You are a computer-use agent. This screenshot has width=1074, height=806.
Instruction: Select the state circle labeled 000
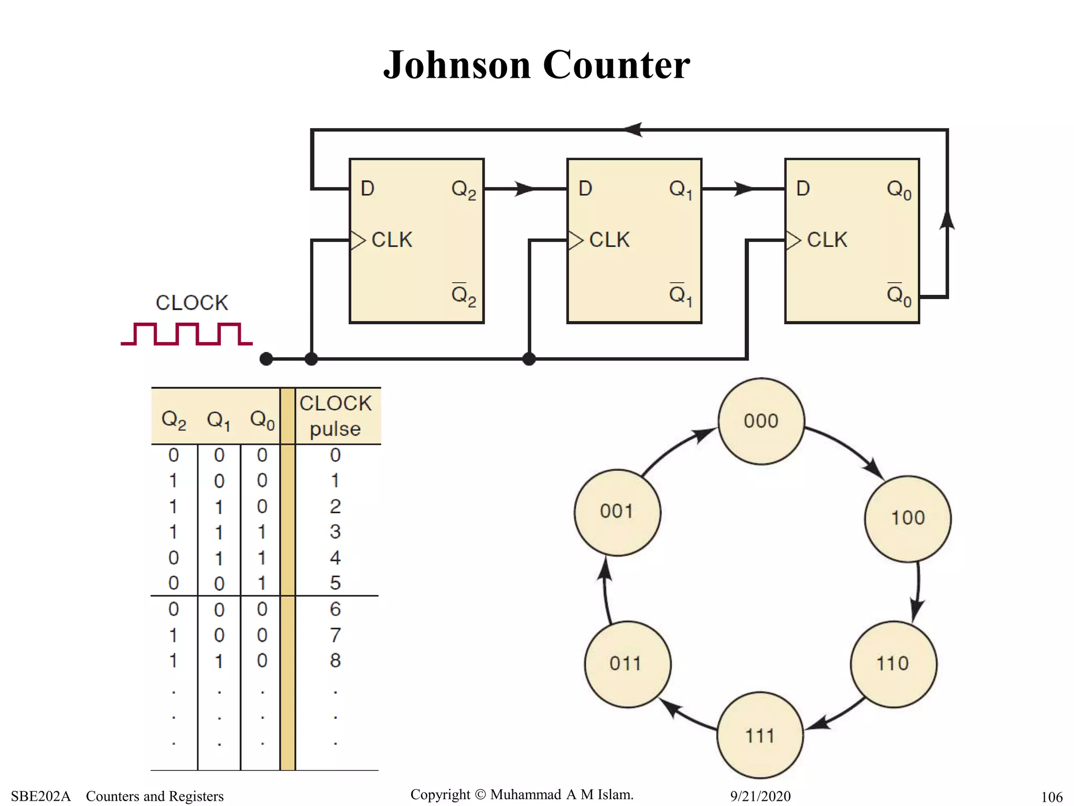coord(761,421)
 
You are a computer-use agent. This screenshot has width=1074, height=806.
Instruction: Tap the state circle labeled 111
coord(760,736)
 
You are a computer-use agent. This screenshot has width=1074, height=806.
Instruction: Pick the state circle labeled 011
coord(627,664)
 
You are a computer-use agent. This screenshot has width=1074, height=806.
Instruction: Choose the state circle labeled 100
coord(908,518)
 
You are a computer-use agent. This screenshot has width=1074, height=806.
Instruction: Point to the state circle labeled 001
coord(617,512)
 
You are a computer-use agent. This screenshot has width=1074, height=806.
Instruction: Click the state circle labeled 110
coord(893,664)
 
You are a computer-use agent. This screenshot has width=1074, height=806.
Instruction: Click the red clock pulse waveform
coord(187,334)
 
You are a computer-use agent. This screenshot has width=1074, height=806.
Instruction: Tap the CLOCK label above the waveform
coord(192,303)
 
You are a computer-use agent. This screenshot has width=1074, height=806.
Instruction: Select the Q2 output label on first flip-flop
coord(464,189)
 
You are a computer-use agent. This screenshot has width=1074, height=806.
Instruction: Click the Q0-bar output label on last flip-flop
coord(899,295)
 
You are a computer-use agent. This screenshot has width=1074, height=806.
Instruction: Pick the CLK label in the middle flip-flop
coord(609,240)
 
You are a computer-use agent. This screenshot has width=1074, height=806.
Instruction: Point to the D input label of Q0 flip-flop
coord(803,188)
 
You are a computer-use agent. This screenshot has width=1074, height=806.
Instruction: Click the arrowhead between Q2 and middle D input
coord(524,188)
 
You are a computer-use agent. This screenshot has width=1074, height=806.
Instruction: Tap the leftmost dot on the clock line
coord(266,359)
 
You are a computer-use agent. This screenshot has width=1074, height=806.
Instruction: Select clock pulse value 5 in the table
coord(335,583)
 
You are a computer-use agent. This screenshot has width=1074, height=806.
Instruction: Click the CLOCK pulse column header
coord(335,416)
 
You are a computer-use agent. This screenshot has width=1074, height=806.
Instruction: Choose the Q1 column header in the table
coord(219,420)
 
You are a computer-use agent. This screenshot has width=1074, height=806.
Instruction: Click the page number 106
coord(1051,797)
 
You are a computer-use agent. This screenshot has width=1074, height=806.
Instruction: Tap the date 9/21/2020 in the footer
coord(760,796)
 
